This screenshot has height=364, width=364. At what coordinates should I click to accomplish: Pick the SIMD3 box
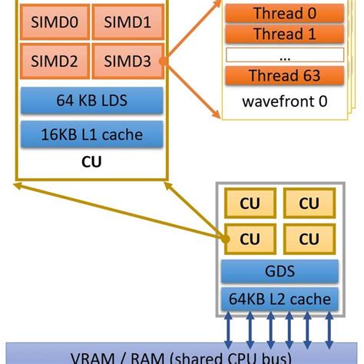[x=126, y=60]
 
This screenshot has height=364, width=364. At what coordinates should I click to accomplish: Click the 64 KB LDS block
[x=91, y=101]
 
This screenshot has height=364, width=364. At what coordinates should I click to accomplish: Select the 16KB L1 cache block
[x=91, y=134]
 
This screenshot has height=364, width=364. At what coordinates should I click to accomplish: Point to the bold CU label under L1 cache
[x=91, y=162]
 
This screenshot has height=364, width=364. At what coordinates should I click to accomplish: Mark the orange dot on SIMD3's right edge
[x=162, y=60]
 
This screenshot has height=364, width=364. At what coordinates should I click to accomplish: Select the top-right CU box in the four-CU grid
[x=308, y=204]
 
